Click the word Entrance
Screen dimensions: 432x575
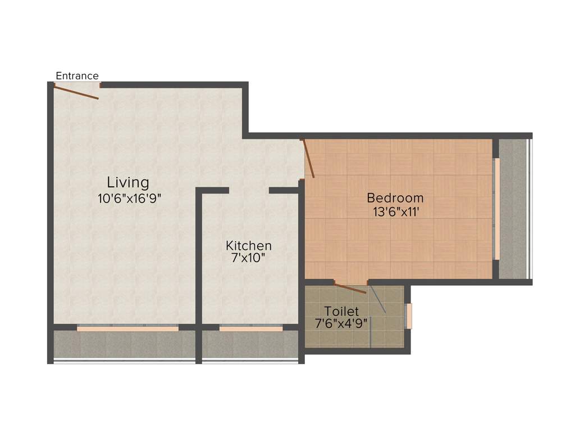pyautogui.click(x=77, y=76)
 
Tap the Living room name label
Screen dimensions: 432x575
pyautogui.click(x=128, y=182)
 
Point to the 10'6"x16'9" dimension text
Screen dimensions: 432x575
pyautogui.click(x=129, y=197)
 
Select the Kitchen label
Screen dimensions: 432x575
pyautogui.click(x=249, y=246)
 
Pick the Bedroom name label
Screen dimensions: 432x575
pyautogui.click(x=395, y=198)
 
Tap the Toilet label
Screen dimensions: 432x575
pyautogui.click(x=341, y=311)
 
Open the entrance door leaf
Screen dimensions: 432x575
pyautogui.click(x=77, y=92)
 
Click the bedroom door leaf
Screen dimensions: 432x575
pyautogui.click(x=308, y=159)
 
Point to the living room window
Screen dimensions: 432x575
pyautogui.click(x=127, y=328)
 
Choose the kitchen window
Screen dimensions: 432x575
pyautogui.click(x=250, y=328)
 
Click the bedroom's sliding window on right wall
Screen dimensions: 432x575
pyautogui.click(x=496, y=209)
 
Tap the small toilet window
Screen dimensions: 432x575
pyautogui.click(x=409, y=316)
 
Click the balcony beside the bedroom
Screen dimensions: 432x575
pyautogui.click(x=514, y=209)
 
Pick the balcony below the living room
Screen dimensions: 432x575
pyautogui.click(x=124, y=344)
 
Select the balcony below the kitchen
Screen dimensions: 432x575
pyautogui.click(x=250, y=344)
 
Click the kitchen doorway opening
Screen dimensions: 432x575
pyautogui.click(x=249, y=191)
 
